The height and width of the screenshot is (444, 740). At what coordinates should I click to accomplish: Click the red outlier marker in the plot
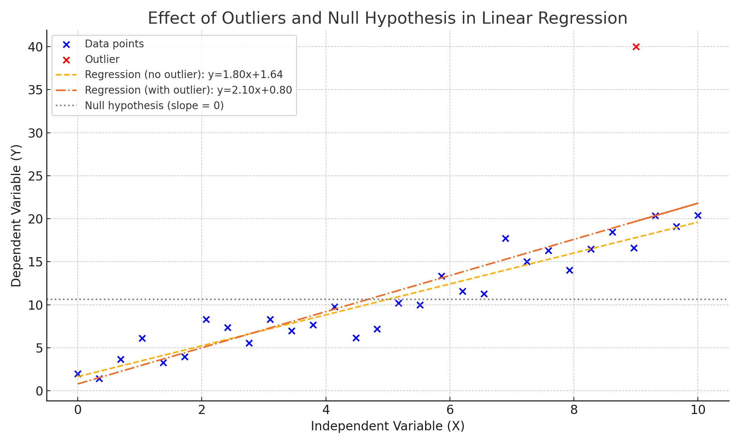[636, 47]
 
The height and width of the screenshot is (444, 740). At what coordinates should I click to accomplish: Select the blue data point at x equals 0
[78, 374]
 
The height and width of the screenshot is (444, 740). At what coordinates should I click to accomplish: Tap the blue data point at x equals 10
[698, 215]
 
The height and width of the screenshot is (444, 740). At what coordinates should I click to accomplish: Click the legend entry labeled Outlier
[102, 59]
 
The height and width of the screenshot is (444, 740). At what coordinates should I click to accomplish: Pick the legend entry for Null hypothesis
[154, 106]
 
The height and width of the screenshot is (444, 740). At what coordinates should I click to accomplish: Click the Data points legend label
[114, 44]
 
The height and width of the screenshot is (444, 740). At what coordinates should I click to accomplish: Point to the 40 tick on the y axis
[36, 47]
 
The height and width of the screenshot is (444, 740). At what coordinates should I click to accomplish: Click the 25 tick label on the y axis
[36, 176]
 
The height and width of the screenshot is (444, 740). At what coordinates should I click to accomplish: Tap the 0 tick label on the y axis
[39, 391]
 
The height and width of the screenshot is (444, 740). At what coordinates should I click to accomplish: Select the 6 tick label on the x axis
[450, 410]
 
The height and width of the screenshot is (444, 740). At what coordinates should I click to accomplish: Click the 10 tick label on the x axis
[697, 410]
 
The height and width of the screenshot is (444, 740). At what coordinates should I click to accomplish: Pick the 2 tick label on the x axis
[202, 410]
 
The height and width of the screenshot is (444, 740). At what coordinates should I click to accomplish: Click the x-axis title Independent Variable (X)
[387, 426]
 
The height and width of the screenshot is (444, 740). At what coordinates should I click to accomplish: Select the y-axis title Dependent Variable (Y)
[16, 215]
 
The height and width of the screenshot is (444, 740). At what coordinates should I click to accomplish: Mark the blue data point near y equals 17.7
[505, 238]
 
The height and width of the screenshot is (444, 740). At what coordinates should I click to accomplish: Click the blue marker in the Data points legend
[67, 44]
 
